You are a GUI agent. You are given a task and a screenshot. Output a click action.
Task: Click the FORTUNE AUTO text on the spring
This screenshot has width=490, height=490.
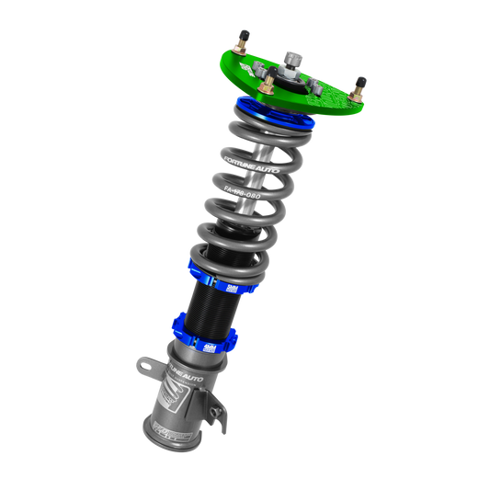(249, 166)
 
